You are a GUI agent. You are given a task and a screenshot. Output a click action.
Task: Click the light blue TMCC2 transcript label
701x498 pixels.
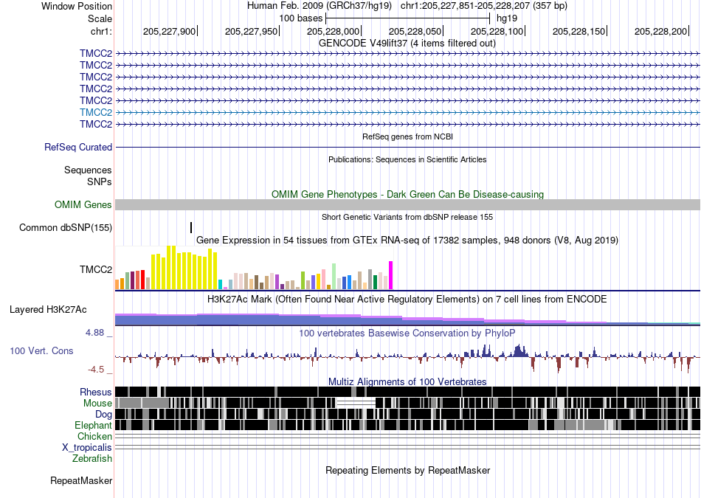pyautogui.click(x=96, y=112)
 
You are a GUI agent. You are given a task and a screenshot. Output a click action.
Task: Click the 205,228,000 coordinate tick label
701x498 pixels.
pyautogui.click(x=333, y=31)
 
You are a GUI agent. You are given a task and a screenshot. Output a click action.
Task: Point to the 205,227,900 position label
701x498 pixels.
pyautogui.click(x=170, y=31)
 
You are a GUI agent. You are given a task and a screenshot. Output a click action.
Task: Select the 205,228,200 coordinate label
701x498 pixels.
pyautogui.click(x=660, y=31)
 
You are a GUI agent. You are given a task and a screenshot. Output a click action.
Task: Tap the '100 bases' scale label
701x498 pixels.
pyautogui.click(x=301, y=18)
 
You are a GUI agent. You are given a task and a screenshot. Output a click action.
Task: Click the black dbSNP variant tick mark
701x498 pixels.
pyautogui.click(x=191, y=227)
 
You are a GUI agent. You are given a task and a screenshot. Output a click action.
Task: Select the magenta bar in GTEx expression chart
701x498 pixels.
pyautogui.click(x=391, y=275)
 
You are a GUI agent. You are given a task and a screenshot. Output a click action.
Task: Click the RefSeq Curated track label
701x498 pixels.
pyautogui.click(x=78, y=147)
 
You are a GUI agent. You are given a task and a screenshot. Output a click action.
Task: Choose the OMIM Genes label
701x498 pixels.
pyautogui.click(x=83, y=205)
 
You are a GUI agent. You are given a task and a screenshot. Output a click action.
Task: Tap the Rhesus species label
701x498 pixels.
pyautogui.click(x=96, y=392)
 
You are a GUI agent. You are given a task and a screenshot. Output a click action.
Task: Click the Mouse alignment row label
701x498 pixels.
pyautogui.click(x=97, y=404)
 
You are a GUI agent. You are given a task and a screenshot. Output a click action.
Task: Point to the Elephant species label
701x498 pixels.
pyautogui.click(x=93, y=425)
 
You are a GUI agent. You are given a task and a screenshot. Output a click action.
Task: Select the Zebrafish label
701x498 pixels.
pyautogui.click(x=92, y=458)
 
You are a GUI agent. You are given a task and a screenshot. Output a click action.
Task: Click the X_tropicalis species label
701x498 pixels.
pyautogui.click(x=87, y=448)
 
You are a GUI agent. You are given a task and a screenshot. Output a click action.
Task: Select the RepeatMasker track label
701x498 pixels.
pyautogui.click(x=81, y=480)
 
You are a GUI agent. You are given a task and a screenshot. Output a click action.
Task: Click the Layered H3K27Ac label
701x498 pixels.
pyautogui.click(x=48, y=309)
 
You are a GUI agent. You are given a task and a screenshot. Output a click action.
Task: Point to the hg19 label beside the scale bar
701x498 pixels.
pyautogui.click(x=507, y=18)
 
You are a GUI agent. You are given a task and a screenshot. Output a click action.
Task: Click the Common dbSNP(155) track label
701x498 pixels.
pyautogui.click(x=66, y=227)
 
